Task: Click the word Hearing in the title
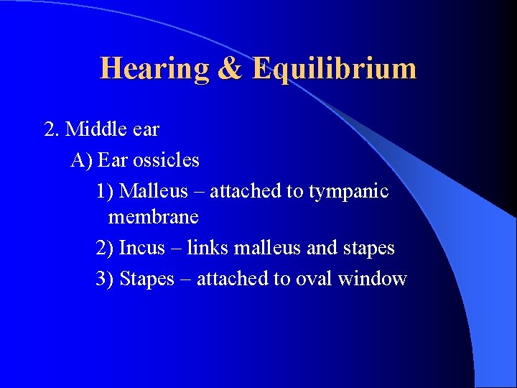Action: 154,69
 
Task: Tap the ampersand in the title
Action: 230,69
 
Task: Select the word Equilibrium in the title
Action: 334,69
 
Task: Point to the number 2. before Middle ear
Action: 52,129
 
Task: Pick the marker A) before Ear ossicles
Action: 81,160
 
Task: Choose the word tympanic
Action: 349,191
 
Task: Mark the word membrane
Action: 153,216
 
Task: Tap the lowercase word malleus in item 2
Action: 266,248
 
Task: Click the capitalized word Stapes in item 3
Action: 147,279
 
